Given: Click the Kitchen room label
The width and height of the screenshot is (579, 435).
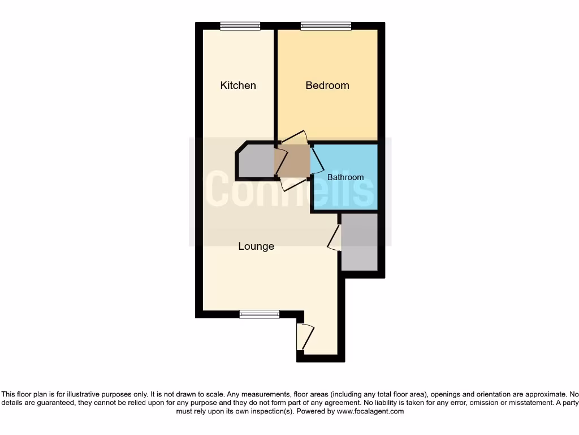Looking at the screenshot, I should [238, 86].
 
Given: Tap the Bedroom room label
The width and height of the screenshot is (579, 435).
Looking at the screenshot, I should [327, 86].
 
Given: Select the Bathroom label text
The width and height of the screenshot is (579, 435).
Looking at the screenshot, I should [345, 177].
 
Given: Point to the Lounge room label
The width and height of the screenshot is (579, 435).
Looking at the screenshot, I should [256, 246].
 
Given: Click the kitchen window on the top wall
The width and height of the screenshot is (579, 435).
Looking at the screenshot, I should [240, 25].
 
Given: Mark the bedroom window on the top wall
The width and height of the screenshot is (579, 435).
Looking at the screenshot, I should [326, 25].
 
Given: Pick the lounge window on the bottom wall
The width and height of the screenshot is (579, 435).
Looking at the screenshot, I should [259, 314].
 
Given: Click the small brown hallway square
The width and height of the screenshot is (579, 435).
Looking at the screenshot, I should [292, 161].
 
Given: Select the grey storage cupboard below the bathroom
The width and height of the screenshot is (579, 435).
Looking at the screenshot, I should [359, 242].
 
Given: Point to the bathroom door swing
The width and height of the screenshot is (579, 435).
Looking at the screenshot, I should [317, 160].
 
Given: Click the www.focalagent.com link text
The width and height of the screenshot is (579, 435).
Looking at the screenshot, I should [370, 412].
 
